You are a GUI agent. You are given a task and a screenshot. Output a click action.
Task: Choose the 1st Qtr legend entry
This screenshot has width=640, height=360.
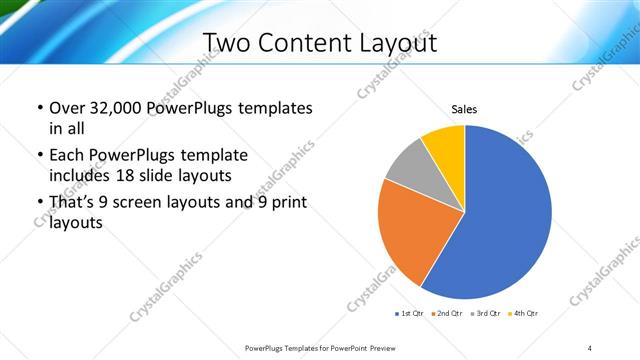click(x=412, y=314)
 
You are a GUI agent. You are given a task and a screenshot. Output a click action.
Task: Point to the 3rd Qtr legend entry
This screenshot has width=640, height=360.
click(x=487, y=314)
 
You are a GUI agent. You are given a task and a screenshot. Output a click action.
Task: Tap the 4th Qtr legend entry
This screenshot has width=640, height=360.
click(x=524, y=314)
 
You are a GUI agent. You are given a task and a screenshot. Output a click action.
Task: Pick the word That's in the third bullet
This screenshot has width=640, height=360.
click(x=73, y=203)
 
